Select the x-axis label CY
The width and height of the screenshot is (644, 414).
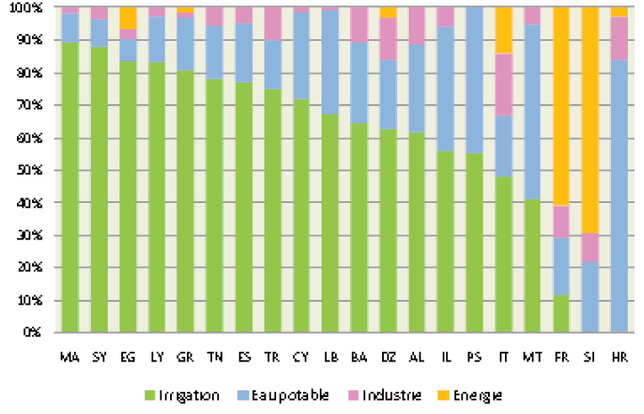(x=304, y=356)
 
